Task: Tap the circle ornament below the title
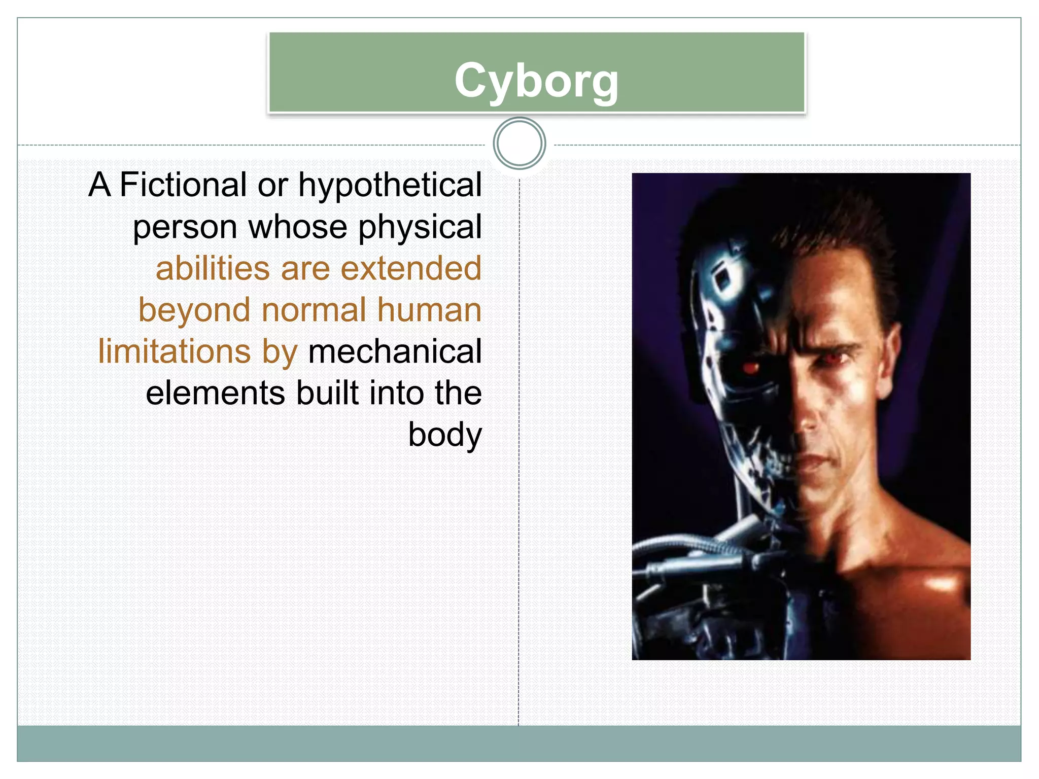519,144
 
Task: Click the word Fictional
183,185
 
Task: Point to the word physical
420,227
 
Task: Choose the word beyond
194,310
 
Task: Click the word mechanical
395,351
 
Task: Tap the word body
445,435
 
